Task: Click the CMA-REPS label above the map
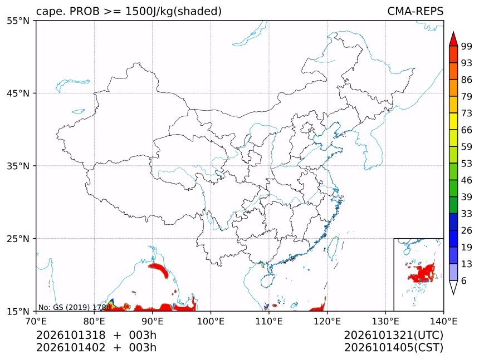(415, 11)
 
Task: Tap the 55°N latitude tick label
(18, 21)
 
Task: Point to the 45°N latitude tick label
(18, 93)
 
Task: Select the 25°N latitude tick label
(18, 239)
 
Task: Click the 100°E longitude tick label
(211, 322)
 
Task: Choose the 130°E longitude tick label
(385, 322)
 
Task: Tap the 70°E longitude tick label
(36, 322)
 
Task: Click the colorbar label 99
(467, 46)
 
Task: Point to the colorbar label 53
(467, 164)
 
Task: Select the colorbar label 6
(464, 280)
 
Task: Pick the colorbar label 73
(467, 113)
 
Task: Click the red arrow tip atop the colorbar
(453, 32)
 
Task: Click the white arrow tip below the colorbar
(453, 294)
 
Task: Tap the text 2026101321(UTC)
(393, 336)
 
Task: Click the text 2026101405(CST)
(393, 348)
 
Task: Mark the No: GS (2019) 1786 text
(74, 307)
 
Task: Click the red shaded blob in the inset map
(423, 273)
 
